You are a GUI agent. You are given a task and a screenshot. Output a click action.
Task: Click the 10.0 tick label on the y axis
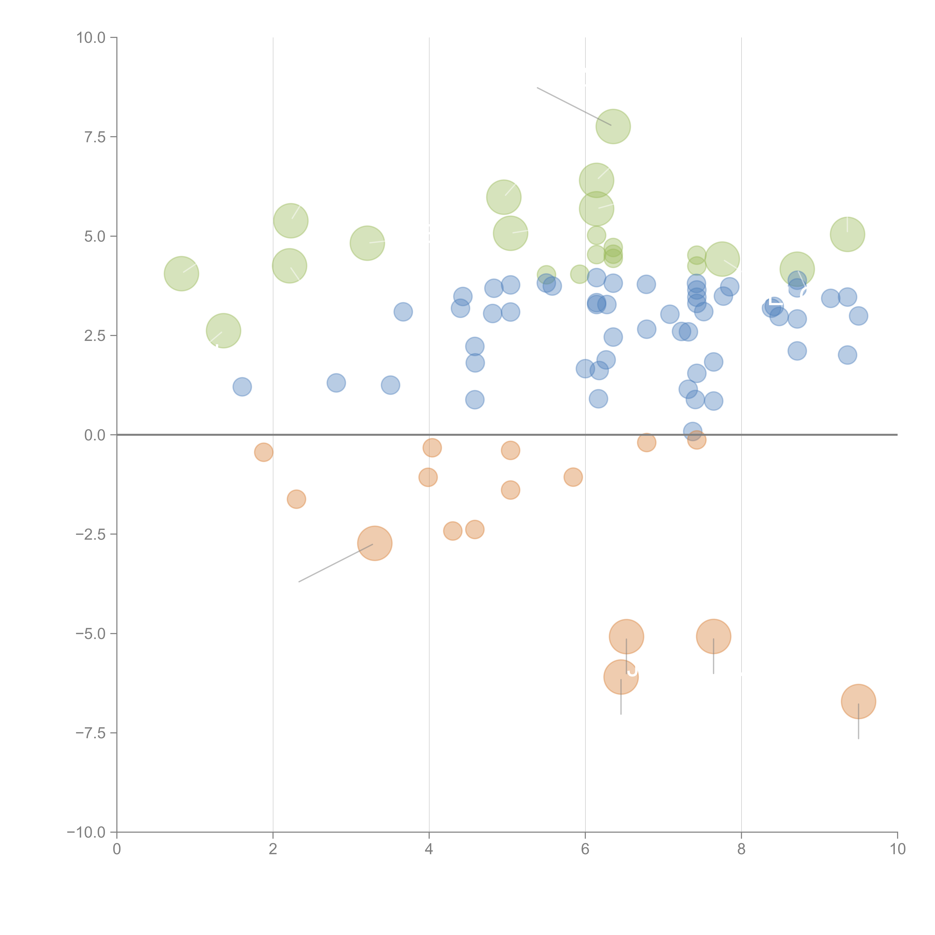[91, 38]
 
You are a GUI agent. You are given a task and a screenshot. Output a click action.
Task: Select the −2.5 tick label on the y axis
[91, 534]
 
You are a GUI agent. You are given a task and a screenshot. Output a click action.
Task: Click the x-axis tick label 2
[273, 849]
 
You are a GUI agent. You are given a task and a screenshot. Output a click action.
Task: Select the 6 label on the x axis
[585, 849]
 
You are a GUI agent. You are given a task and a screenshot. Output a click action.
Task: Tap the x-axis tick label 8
[741, 849]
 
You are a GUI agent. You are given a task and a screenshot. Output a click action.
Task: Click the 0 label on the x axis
[117, 849]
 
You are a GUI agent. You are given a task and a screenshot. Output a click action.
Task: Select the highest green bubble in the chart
[613, 126]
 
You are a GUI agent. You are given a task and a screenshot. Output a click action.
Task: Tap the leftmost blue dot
[242, 387]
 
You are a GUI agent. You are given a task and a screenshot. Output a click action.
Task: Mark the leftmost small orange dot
[264, 452]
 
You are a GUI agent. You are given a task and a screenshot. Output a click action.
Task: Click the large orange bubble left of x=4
[375, 543]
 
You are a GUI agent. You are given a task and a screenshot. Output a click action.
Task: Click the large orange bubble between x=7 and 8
[713, 636]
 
